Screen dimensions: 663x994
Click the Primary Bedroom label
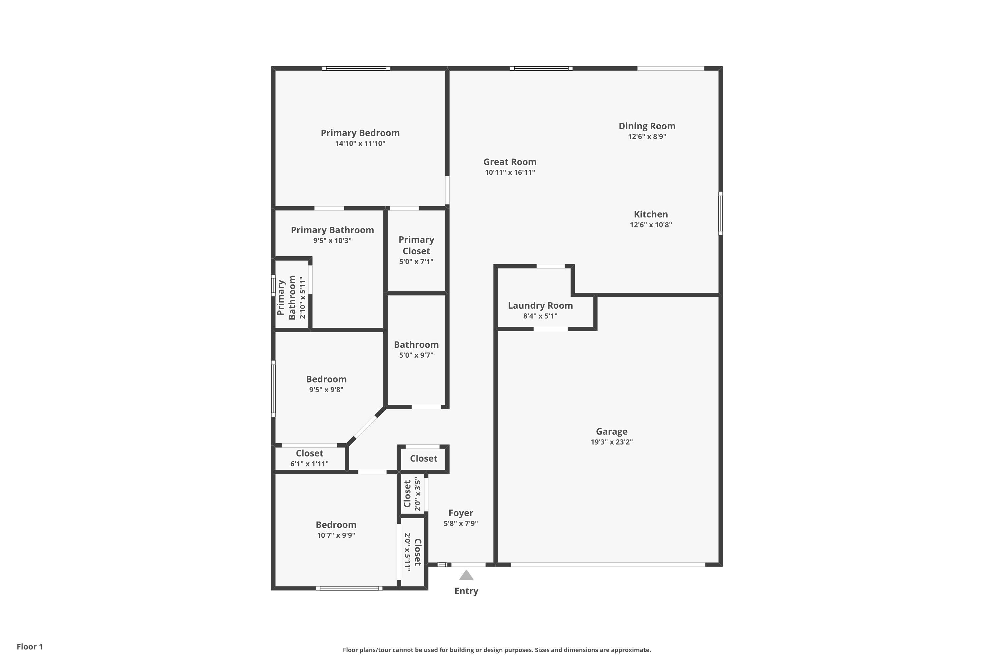pos(360,133)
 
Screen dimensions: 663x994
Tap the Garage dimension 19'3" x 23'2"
pos(612,442)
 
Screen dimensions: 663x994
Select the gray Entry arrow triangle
pos(466,575)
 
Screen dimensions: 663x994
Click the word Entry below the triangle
pos(466,591)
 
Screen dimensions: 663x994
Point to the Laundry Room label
pos(540,305)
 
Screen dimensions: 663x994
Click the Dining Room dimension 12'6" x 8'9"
pos(647,137)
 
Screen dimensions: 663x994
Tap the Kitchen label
pos(650,214)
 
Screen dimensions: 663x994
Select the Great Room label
pos(510,162)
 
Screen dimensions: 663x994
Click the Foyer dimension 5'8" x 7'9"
pos(460,523)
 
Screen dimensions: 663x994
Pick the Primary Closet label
pos(416,245)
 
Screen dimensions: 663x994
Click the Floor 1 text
pos(29,646)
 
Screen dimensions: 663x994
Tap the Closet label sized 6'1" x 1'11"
pos(309,453)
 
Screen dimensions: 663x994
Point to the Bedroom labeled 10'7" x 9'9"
pos(336,525)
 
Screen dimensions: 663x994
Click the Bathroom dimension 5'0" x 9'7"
pos(416,355)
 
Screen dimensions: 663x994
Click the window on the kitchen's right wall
pos(721,213)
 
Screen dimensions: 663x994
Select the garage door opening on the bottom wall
pos(608,565)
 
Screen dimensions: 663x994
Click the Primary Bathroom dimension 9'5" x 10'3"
pos(332,241)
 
